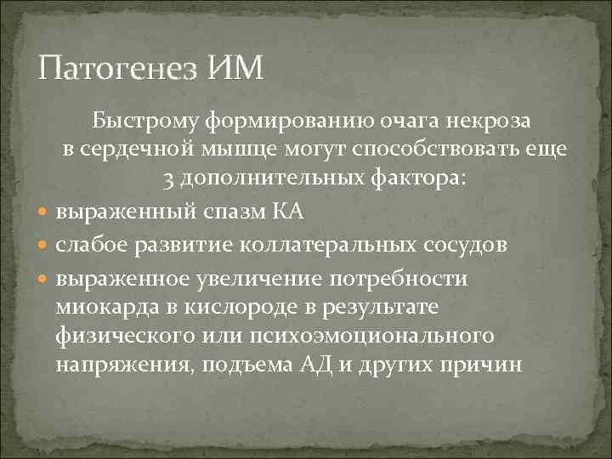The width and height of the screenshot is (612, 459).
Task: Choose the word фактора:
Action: pyautogui.click(x=419, y=180)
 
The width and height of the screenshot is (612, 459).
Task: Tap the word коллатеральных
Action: pyautogui.click(x=328, y=246)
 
